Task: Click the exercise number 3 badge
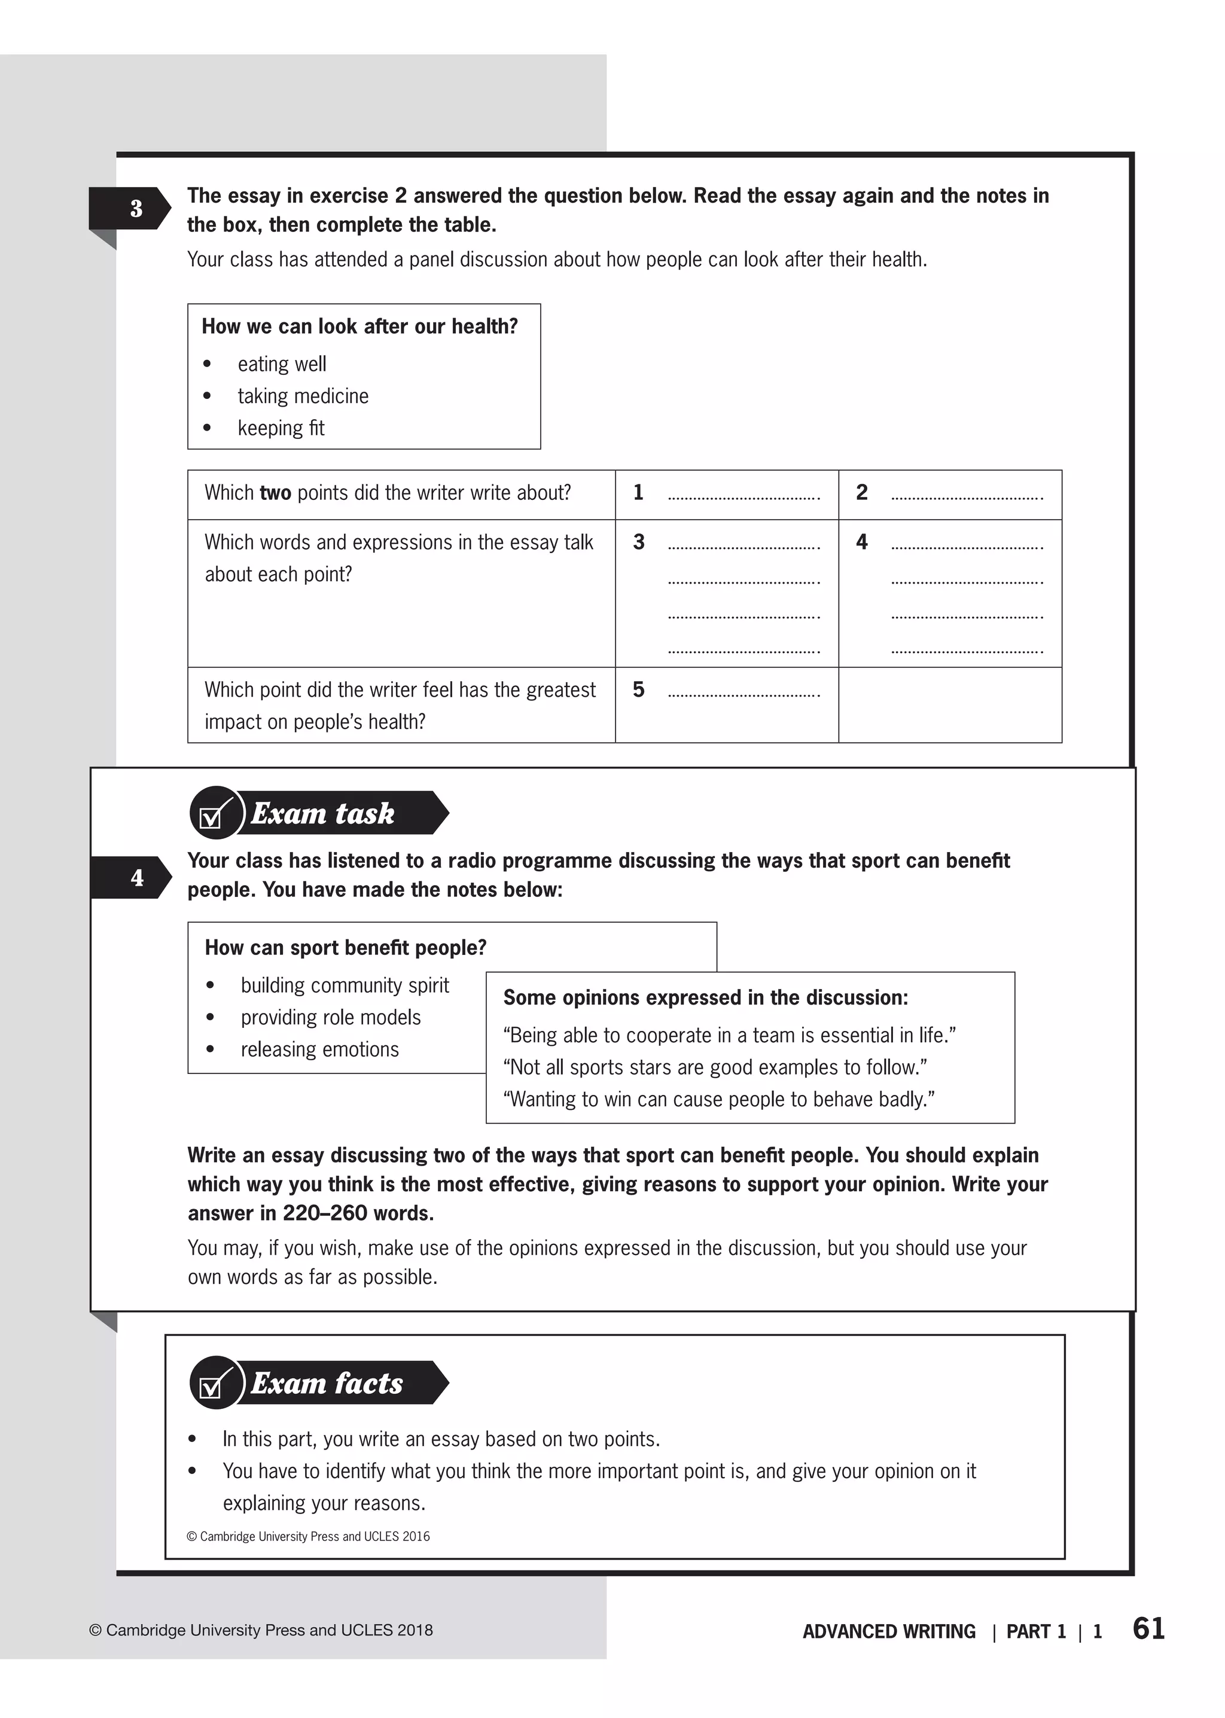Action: [x=136, y=208]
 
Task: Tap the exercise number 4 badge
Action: [x=136, y=877]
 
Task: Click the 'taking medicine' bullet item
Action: [x=303, y=396]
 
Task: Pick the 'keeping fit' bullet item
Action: [x=281, y=428]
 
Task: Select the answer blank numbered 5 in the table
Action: [x=743, y=692]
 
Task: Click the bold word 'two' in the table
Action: [x=275, y=493]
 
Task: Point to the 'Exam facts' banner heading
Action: [x=327, y=1383]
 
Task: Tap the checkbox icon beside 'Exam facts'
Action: [x=212, y=1384]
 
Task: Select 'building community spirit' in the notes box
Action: [x=345, y=985]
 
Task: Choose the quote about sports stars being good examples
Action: [x=714, y=1067]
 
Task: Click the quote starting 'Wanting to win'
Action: [x=719, y=1099]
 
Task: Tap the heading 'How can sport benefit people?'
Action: [x=346, y=947]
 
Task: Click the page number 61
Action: [x=1148, y=1629]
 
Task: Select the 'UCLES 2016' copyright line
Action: [x=308, y=1536]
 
